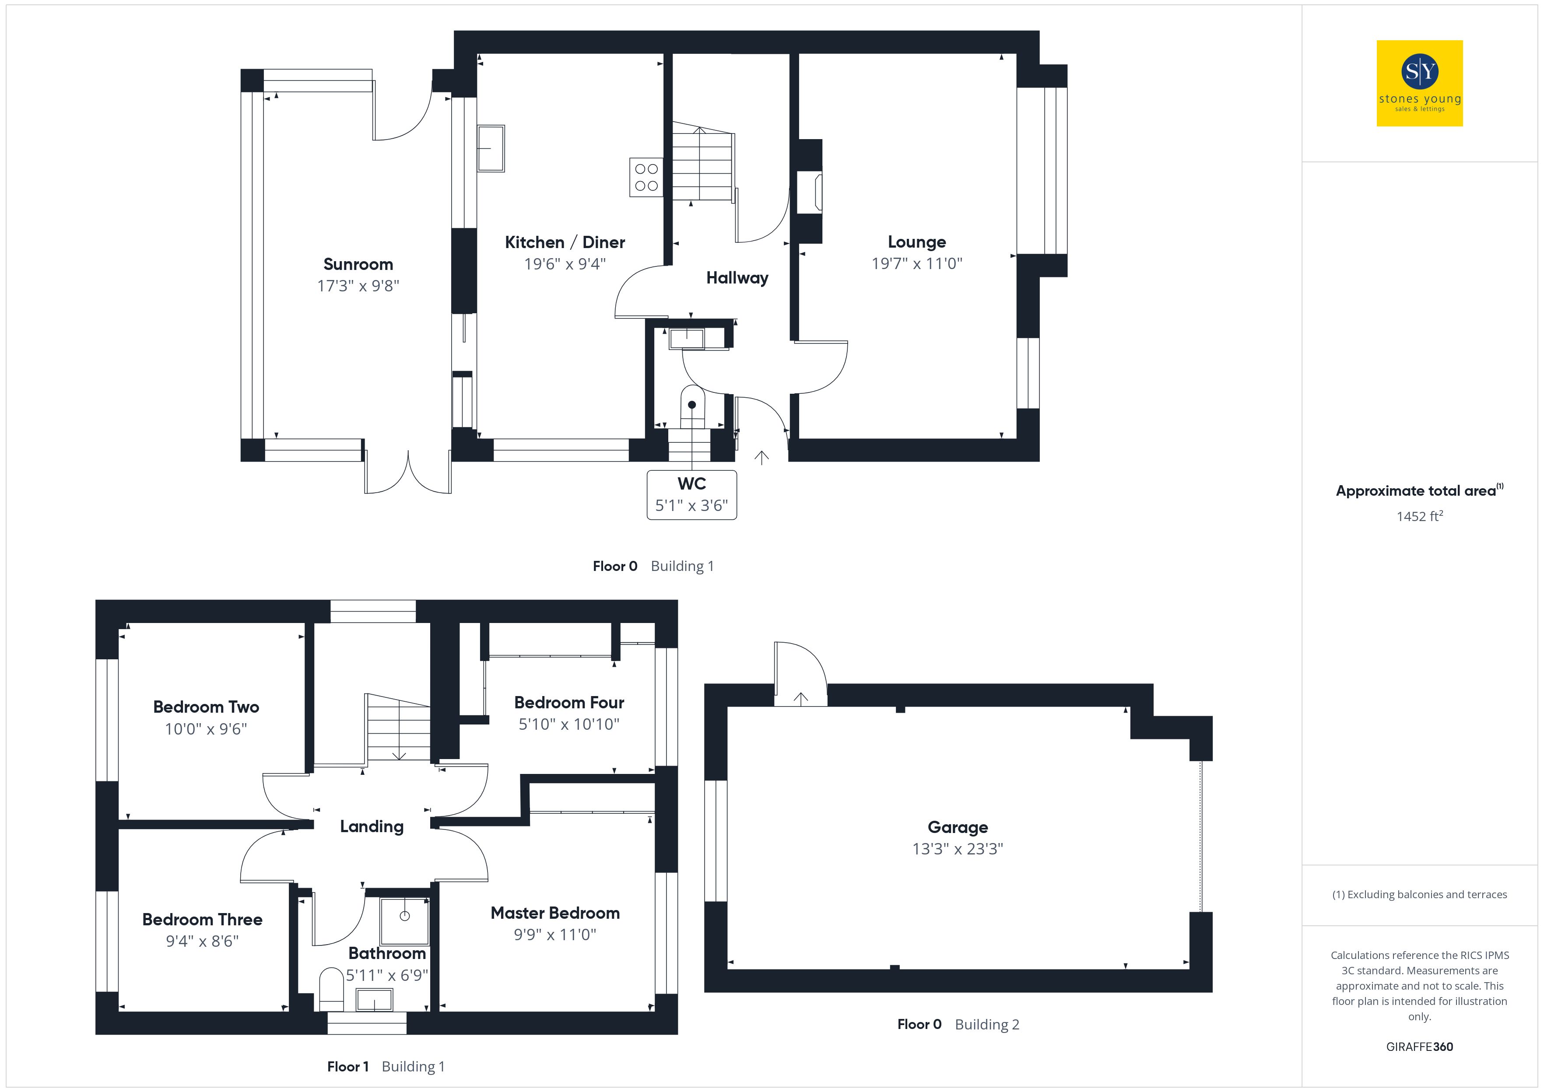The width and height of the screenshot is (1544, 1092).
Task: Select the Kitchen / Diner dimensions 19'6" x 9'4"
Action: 565,263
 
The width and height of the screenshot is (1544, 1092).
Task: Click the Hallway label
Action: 737,278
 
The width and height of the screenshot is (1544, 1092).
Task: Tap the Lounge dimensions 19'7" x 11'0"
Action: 916,263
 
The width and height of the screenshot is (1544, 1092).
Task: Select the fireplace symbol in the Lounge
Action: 810,193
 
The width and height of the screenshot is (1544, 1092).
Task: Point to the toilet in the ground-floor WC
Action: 692,406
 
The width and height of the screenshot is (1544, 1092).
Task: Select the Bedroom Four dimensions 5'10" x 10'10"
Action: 569,724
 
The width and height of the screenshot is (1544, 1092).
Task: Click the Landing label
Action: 372,826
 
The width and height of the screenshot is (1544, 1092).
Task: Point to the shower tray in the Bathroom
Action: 405,921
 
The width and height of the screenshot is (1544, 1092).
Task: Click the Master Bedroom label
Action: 555,913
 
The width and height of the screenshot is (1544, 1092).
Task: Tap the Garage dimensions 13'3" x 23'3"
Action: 958,849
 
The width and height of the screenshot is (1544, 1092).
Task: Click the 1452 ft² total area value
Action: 1420,516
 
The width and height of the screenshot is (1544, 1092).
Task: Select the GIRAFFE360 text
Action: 1420,1047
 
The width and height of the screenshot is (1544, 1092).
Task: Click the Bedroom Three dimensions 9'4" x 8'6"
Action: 203,941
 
